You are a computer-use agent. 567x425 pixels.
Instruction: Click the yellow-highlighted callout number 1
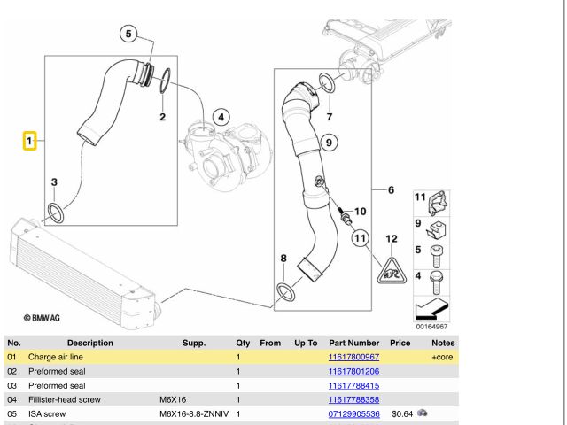[x=29, y=141]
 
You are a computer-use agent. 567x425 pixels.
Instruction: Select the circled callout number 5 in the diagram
[x=128, y=35]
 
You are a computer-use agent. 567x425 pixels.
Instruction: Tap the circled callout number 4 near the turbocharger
[x=221, y=116]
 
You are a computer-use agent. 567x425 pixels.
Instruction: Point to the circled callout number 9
[x=327, y=142]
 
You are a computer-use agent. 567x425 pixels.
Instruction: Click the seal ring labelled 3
[x=55, y=212]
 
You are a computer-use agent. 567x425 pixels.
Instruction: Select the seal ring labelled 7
[x=326, y=85]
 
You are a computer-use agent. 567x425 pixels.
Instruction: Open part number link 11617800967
[x=353, y=356]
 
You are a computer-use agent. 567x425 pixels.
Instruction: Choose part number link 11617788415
[x=353, y=385]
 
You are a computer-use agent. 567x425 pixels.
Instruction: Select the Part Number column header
[x=353, y=342]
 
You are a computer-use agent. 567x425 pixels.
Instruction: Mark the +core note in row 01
[x=441, y=356]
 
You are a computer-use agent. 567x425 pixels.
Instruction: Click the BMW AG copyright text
[x=43, y=316]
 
